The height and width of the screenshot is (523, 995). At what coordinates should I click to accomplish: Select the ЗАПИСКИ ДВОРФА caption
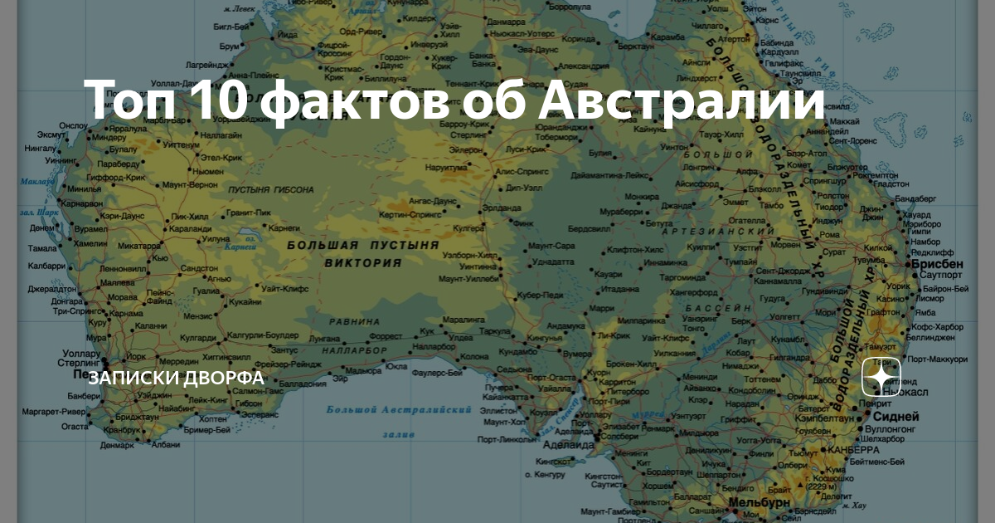176,379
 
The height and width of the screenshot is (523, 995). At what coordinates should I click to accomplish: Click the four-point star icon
881,378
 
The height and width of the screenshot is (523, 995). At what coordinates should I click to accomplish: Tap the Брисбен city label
937,263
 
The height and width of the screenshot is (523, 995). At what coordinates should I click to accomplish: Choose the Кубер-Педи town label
540,296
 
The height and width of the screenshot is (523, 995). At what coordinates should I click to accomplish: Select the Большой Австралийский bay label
398,409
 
